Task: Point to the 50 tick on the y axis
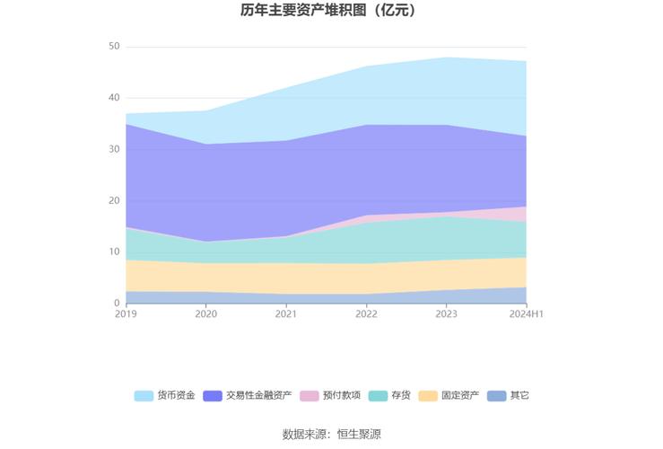(114, 47)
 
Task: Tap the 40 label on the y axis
(114, 98)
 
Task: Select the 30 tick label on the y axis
(114, 149)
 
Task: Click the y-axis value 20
(114, 201)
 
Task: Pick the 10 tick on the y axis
(114, 252)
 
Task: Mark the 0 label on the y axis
(117, 304)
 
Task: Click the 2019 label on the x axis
(126, 314)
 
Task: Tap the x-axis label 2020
(206, 314)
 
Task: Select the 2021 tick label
(286, 314)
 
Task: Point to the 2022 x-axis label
(366, 314)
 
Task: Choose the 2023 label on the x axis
(446, 314)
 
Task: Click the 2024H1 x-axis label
(526, 314)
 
